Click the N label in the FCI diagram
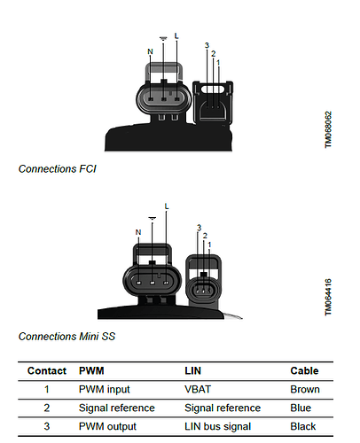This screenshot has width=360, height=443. [x=150, y=51]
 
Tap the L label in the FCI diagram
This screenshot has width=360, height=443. [x=176, y=36]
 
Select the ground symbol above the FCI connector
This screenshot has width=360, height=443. [x=163, y=38]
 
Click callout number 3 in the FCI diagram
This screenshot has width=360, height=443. [x=207, y=45]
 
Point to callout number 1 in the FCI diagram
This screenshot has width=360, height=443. [x=218, y=63]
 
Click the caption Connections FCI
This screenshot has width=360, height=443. [x=58, y=169]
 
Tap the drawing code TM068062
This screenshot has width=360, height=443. [x=328, y=129]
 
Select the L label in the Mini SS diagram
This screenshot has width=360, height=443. [x=167, y=206]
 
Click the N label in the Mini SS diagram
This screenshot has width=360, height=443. [x=138, y=232]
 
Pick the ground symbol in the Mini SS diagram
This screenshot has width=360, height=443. [x=153, y=218]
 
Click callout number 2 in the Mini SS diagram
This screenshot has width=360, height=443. [x=205, y=236]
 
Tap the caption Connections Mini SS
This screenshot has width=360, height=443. [x=67, y=337]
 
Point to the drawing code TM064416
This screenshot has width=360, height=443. [x=328, y=297]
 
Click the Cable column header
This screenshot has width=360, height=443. [x=304, y=370]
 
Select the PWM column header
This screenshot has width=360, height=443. [x=91, y=370]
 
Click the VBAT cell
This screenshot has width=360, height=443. [x=198, y=389]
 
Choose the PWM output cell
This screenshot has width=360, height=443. [x=107, y=426]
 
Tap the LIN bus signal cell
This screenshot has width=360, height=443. [x=218, y=426]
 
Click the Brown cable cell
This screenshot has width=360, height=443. [x=305, y=389]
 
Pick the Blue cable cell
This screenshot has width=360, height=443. [x=301, y=408]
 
